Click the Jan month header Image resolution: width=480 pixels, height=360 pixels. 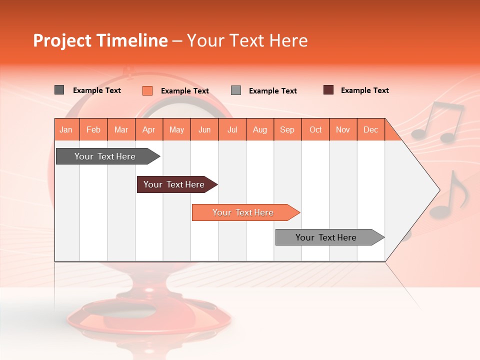pos(66,129)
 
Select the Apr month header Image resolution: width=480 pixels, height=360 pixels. pos(149,129)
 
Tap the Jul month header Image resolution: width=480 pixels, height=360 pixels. pos(232,129)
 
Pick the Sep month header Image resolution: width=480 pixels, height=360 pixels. pos(287,129)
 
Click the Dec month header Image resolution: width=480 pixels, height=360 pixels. pos(370,129)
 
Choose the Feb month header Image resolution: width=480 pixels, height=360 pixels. pos(93,129)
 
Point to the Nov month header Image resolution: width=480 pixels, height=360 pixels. pos(343,129)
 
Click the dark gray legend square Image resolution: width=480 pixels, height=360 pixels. pos(59,90)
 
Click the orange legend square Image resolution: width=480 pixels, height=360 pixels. pos(147,90)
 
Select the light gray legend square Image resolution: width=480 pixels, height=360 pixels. pos(236,90)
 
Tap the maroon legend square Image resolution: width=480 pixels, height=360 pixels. pos(328,90)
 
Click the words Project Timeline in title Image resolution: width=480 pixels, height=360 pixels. pos(100,40)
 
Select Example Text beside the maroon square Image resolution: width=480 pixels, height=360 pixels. pos(364,90)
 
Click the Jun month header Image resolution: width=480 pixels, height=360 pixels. pos(204,129)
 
